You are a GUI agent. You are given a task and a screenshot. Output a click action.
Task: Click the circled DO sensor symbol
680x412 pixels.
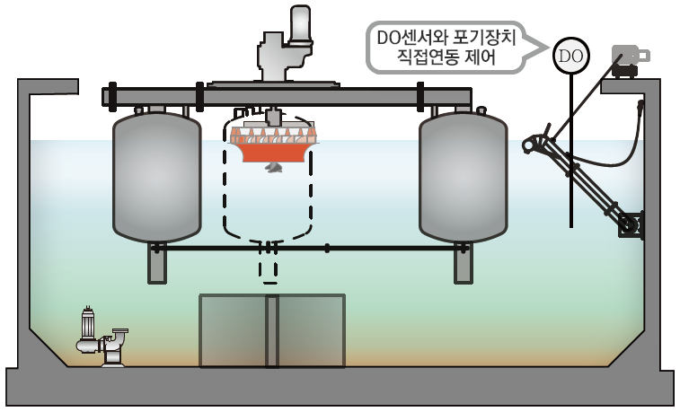tap(570, 56)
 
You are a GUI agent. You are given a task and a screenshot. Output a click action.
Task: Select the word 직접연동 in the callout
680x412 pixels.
tap(428, 61)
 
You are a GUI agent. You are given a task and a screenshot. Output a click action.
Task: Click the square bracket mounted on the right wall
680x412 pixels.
tap(632, 224)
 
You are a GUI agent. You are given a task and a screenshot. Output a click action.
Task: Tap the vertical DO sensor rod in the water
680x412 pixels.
tap(570, 180)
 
